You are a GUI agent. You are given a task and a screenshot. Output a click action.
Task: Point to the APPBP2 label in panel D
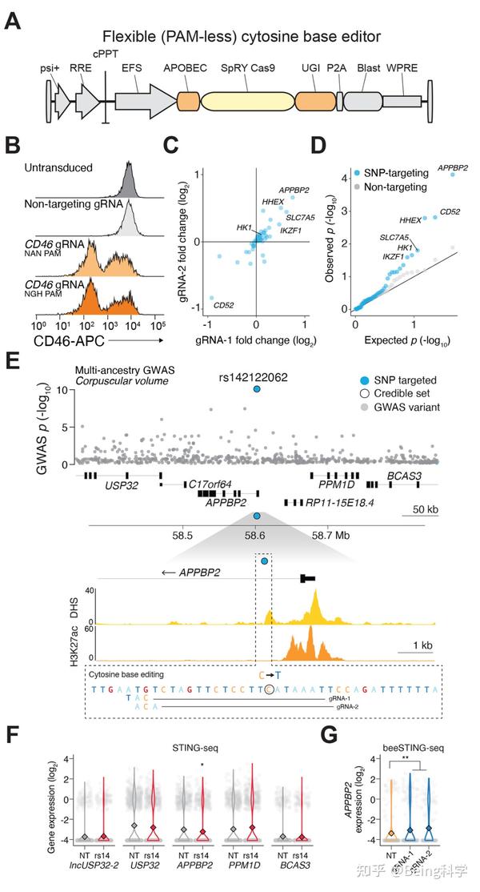pos(453,168)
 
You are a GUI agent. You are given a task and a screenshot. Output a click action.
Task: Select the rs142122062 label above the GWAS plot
pos(256,376)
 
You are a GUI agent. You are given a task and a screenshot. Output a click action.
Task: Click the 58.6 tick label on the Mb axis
pos(256,536)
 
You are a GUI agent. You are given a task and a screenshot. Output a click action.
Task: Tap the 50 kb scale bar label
pos(416,510)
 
